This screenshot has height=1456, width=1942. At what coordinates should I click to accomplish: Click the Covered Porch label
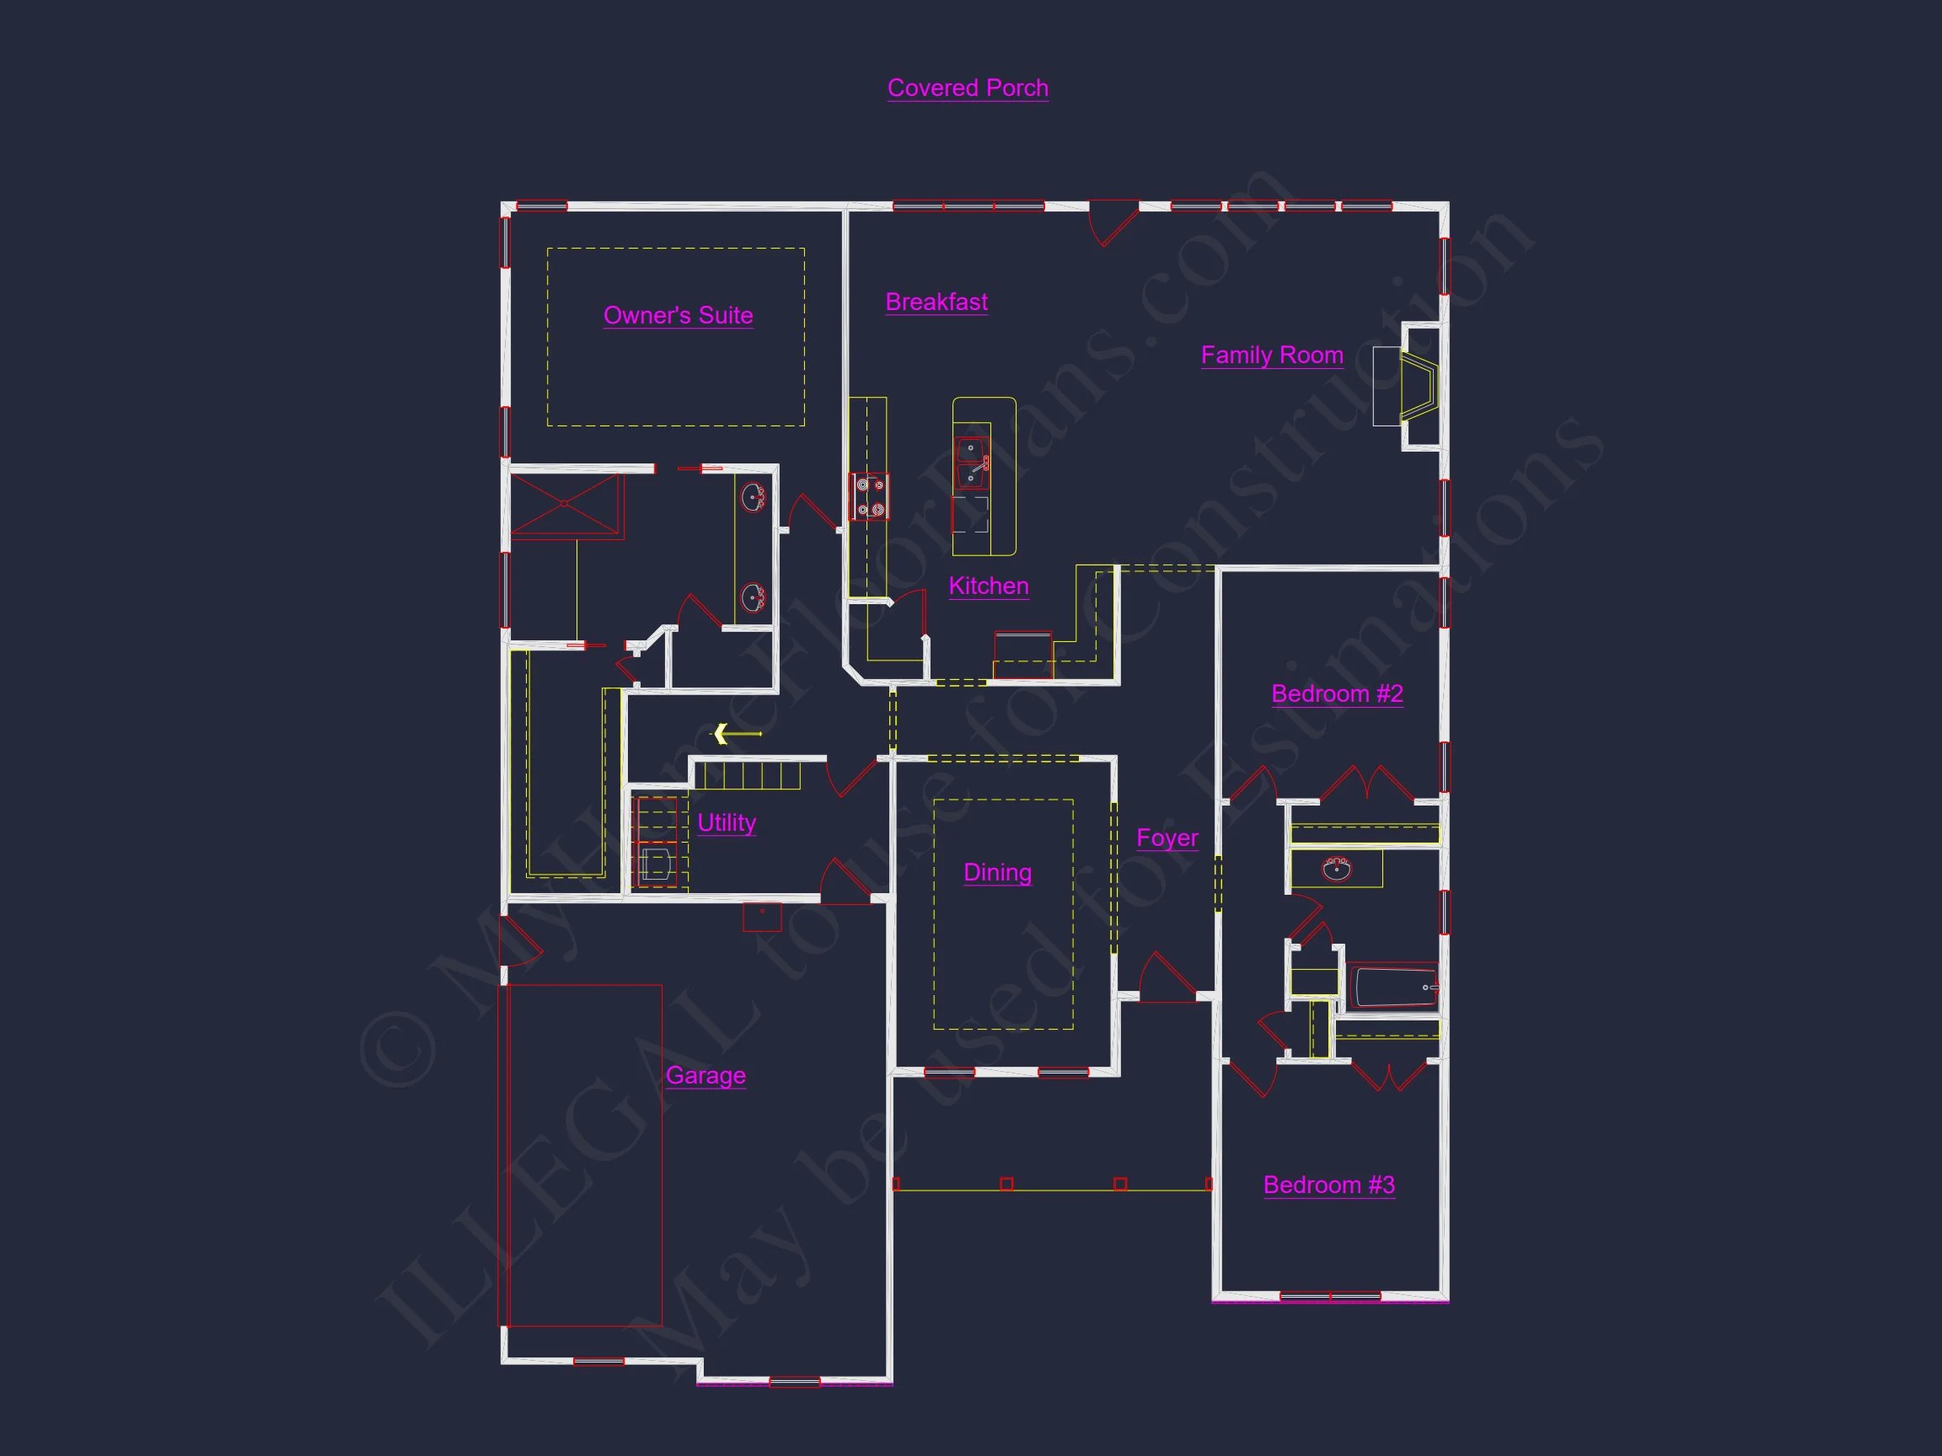[968, 88]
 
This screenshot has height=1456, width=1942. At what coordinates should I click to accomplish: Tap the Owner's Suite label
[678, 315]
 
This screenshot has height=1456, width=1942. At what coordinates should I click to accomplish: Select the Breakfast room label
[936, 302]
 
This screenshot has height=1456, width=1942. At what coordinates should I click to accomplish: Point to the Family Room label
[1271, 355]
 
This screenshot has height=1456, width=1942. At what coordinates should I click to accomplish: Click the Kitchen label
[989, 586]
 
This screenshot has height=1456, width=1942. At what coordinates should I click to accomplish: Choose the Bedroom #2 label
[1336, 693]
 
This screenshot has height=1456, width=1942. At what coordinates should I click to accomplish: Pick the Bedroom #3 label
[1328, 1185]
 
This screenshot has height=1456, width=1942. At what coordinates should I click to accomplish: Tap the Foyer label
[1167, 838]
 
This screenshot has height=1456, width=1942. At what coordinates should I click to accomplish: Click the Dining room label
[997, 871]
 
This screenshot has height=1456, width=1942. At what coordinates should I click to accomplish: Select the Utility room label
[726, 822]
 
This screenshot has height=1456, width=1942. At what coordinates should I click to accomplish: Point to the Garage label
[705, 1075]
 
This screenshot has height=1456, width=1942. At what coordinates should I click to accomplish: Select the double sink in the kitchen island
[971, 463]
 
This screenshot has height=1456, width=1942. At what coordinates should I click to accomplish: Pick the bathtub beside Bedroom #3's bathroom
[1394, 987]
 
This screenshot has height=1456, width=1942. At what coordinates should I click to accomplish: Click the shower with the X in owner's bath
[566, 503]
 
